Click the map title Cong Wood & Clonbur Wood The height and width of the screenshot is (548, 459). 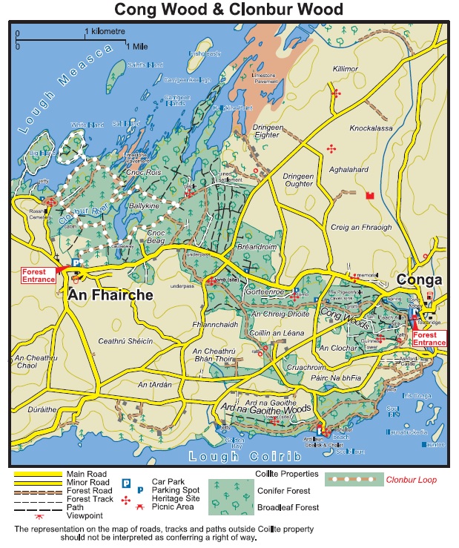point(228,10)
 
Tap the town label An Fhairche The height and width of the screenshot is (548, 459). point(110,294)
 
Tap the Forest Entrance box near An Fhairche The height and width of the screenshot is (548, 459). point(39,275)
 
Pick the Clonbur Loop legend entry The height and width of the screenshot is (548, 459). point(411,480)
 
